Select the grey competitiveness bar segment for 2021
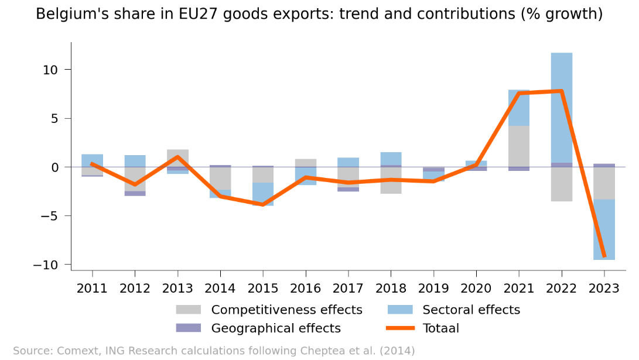pyautogui.click(x=519, y=146)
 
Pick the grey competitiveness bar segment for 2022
pyautogui.click(x=562, y=184)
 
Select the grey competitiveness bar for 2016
pyautogui.click(x=306, y=163)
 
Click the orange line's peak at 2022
pyautogui.click(x=562, y=91)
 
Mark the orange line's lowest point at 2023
pyautogui.click(x=604, y=256)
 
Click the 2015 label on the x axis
pyautogui.click(x=263, y=288)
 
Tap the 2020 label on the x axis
pyautogui.click(x=476, y=288)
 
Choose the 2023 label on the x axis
pyautogui.click(x=604, y=288)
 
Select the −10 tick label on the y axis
pyautogui.click(x=50, y=265)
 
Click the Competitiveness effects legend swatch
pyautogui.click(x=188, y=310)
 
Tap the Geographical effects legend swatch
pyautogui.click(x=188, y=328)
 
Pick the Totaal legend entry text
pyautogui.click(x=441, y=328)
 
